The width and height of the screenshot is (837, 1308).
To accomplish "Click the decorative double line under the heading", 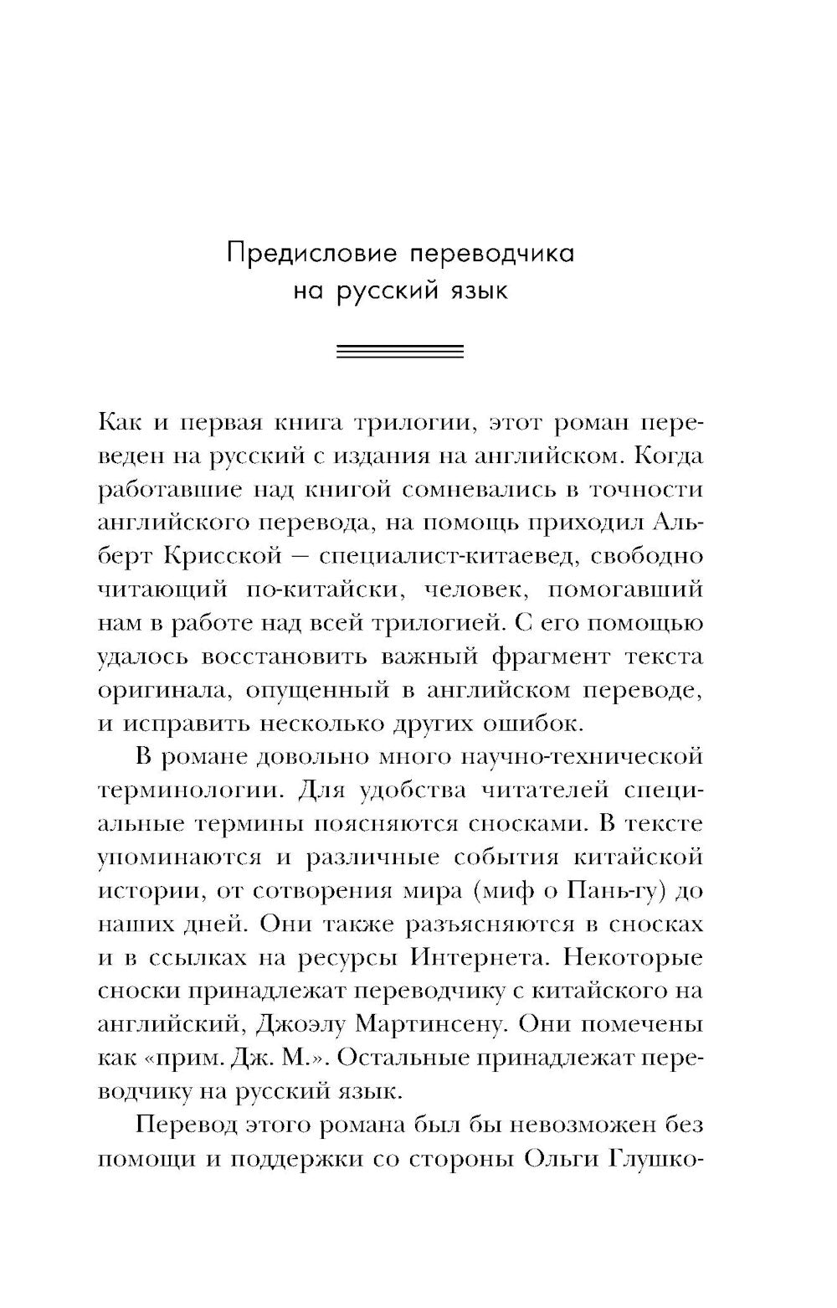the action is (400, 352).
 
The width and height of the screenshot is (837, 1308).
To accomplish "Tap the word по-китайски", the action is (321, 590).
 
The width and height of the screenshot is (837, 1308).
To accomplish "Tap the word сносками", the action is (528, 824).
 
